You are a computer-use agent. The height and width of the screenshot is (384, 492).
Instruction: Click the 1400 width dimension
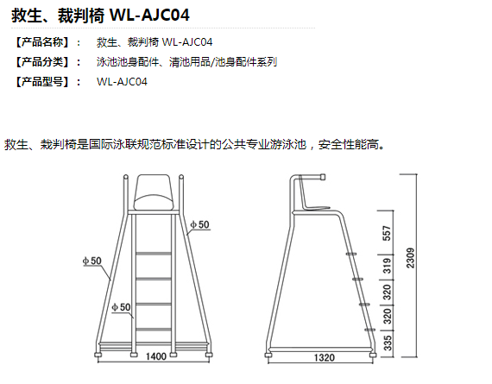point(156,356)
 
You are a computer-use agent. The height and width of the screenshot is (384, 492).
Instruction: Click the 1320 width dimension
point(325,357)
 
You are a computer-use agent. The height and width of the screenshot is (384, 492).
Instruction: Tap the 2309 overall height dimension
point(410,258)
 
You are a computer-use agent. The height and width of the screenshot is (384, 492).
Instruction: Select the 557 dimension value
point(387,233)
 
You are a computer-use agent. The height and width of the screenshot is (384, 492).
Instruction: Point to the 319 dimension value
point(388,266)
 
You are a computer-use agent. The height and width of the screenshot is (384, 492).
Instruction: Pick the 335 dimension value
point(388,343)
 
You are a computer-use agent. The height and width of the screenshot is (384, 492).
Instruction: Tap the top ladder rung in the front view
point(154,253)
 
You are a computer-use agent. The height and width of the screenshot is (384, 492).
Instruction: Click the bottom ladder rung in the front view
point(154,330)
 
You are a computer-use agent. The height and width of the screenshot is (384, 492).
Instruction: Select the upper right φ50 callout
point(200,224)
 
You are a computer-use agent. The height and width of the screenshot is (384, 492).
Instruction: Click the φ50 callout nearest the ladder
point(121,307)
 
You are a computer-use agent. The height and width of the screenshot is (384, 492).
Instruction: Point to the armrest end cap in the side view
point(322,177)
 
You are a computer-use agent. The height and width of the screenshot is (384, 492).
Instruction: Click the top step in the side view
point(351,254)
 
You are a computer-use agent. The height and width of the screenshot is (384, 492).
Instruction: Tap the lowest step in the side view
point(370,330)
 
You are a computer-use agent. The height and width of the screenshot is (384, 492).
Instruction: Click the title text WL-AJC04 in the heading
point(149,15)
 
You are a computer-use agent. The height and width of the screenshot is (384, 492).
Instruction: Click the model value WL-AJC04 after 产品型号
point(122,82)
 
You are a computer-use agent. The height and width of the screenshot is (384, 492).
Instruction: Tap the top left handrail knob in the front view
point(125,177)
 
